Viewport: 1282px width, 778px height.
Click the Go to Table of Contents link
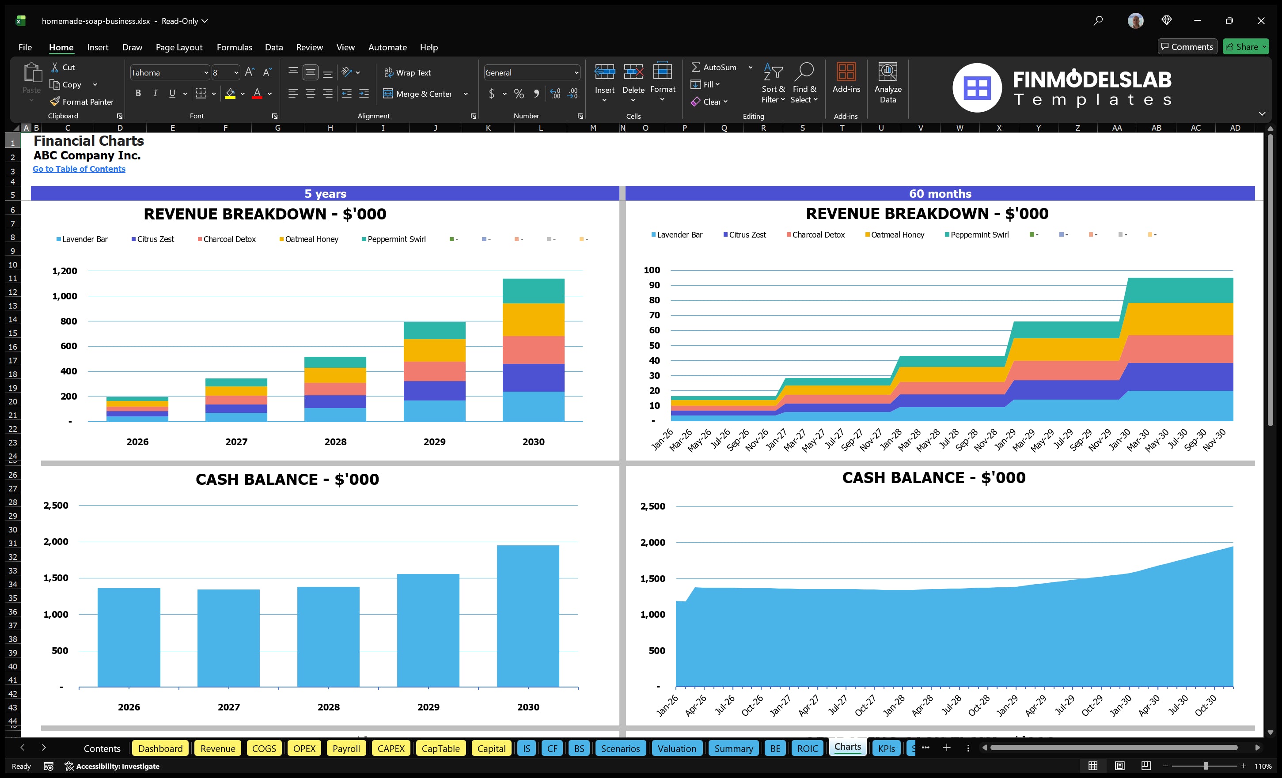click(x=79, y=169)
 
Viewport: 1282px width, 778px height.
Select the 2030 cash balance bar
click(x=527, y=616)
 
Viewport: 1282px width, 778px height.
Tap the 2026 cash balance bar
click(x=129, y=637)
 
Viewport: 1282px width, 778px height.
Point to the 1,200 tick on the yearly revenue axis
click(x=64, y=271)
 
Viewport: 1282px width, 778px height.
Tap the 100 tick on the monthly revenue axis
click(x=652, y=270)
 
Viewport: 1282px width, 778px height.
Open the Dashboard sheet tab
click(x=160, y=748)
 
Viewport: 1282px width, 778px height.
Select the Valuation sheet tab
click(x=676, y=748)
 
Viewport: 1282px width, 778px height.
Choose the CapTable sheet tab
click(x=440, y=748)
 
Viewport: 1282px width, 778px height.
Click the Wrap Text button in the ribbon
click(x=407, y=73)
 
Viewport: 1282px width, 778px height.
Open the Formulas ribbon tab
click(x=234, y=47)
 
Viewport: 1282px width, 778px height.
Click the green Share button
click(x=1245, y=47)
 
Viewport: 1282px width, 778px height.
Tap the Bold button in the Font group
click(x=138, y=94)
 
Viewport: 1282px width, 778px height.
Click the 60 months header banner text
click(x=940, y=194)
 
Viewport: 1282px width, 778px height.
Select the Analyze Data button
click(x=888, y=83)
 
